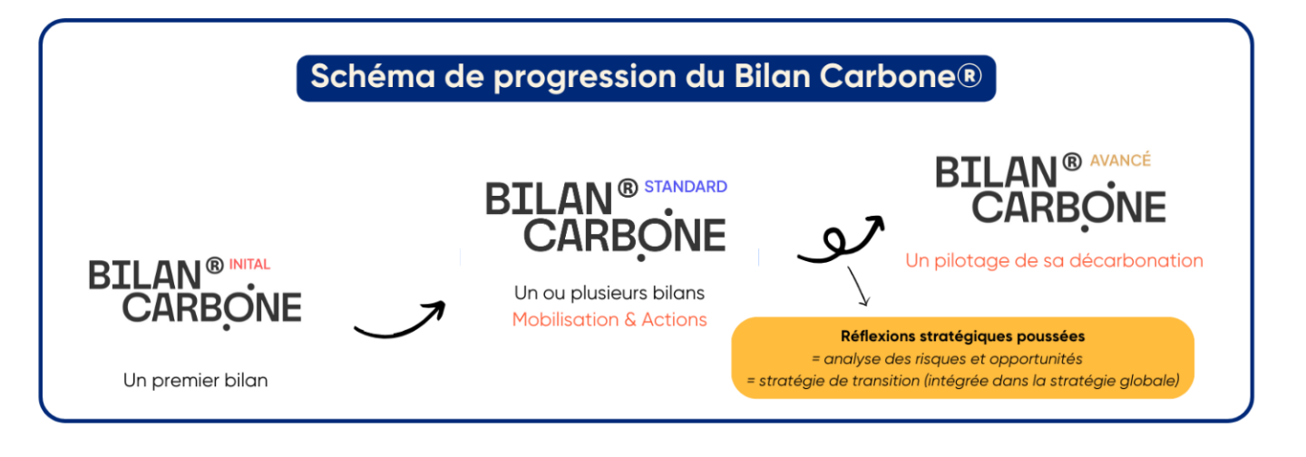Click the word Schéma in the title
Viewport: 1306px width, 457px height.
(373, 76)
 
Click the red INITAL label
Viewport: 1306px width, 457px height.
(249, 265)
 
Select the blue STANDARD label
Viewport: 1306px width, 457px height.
(686, 187)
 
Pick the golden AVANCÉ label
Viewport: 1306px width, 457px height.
(1121, 160)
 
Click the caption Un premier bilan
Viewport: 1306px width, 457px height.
(196, 380)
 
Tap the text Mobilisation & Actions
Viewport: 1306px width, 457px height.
(609, 319)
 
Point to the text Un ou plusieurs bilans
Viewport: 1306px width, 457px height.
(609, 293)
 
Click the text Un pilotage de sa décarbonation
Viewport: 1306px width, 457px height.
(1054, 260)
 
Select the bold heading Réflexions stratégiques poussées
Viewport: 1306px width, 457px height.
(962, 336)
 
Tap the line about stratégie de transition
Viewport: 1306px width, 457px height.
(963, 381)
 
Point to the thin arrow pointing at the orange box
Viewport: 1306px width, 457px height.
(858, 287)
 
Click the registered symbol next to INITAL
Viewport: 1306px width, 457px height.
(215, 266)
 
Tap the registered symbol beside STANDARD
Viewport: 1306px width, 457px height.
(628, 188)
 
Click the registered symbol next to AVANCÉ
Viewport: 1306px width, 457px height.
(1072, 161)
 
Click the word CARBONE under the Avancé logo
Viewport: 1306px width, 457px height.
(1068, 208)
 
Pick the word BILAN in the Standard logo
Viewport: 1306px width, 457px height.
(549, 199)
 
